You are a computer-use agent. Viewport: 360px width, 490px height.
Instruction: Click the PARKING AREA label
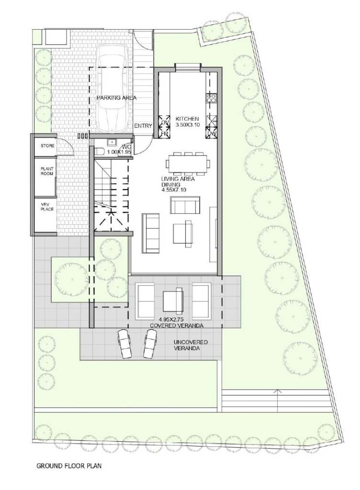click(116, 98)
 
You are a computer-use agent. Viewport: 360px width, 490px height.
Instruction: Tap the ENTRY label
click(143, 126)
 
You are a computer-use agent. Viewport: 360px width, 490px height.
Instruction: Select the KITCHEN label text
click(187, 119)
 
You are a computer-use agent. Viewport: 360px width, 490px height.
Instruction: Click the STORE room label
click(47, 145)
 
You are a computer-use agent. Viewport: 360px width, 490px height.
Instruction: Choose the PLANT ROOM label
click(47, 171)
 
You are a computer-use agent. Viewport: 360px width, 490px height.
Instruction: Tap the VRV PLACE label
click(47, 207)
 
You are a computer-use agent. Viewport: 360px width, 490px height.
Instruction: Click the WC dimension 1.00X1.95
click(118, 152)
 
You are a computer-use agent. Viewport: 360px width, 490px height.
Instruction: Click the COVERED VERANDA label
click(177, 325)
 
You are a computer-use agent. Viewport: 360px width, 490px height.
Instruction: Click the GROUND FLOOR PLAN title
click(69, 466)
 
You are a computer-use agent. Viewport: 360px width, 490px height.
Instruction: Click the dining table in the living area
click(188, 163)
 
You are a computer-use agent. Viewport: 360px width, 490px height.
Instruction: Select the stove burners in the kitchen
click(211, 98)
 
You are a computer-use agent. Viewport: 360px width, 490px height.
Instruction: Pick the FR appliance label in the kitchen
click(165, 134)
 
